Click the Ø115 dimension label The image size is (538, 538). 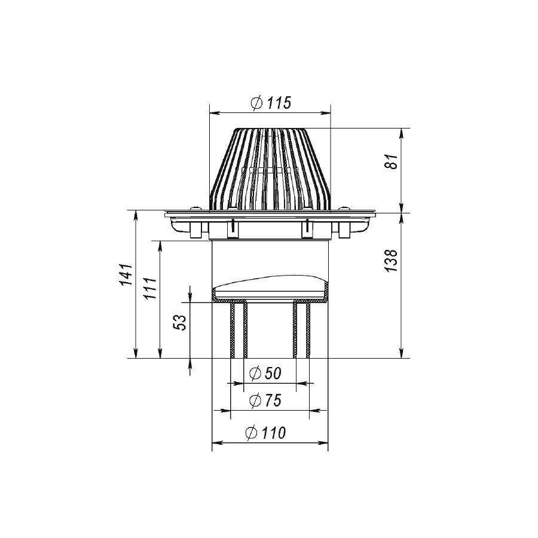(271, 103)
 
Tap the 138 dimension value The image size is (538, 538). (391, 261)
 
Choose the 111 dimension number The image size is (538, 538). (150, 288)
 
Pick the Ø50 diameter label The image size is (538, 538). (265, 373)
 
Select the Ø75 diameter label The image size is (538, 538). (265, 400)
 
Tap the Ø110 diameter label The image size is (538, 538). (265, 433)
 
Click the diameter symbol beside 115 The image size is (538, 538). (257, 103)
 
